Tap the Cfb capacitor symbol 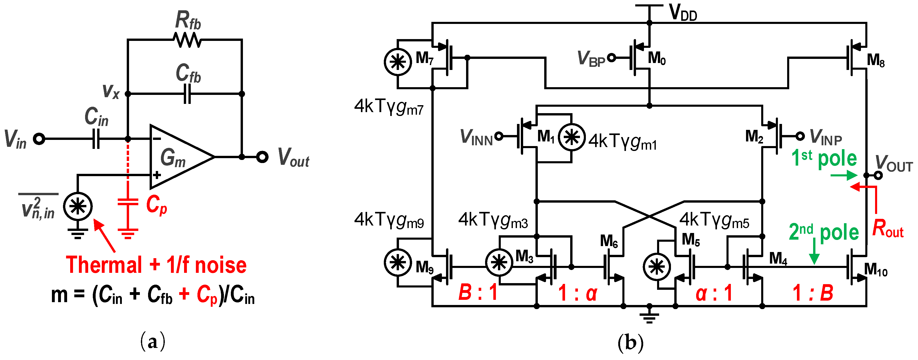tap(187, 94)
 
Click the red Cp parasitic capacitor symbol tap(128, 202)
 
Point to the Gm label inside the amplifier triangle tap(173, 158)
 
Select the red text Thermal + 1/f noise tap(156, 265)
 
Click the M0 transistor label tap(656, 58)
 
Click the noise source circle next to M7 tap(398, 62)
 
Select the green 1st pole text tap(824, 158)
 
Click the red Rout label tap(887, 229)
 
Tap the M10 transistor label tap(876, 269)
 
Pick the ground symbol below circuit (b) tap(649, 316)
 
